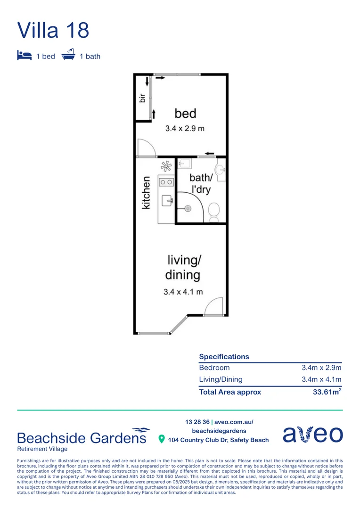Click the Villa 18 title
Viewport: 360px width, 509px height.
[x=53, y=30]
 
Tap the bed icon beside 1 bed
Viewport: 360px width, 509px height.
[x=24, y=56]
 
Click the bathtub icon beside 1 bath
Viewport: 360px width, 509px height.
[x=68, y=55]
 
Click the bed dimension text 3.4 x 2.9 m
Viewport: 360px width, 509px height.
[x=184, y=128]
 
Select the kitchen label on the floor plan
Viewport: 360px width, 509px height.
[x=146, y=192]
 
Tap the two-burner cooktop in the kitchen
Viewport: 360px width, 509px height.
[x=166, y=181]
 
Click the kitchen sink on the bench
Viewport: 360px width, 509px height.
[x=167, y=201]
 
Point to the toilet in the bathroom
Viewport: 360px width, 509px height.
[x=214, y=211]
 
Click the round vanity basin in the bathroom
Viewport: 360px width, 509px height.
[x=220, y=170]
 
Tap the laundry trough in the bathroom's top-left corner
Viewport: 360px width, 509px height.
[x=185, y=164]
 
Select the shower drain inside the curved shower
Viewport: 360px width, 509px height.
[x=188, y=208]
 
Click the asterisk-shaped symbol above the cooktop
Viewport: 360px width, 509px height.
[x=166, y=166]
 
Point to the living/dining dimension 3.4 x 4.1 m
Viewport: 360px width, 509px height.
[x=183, y=292]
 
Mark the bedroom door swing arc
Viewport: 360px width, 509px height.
[x=147, y=148]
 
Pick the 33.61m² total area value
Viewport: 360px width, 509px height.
[x=327, y=392]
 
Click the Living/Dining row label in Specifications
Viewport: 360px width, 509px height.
[x=221, y=379]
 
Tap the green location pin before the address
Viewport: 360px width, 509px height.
[x=162, y=439]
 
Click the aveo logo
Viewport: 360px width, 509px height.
[x=312, y=434]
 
